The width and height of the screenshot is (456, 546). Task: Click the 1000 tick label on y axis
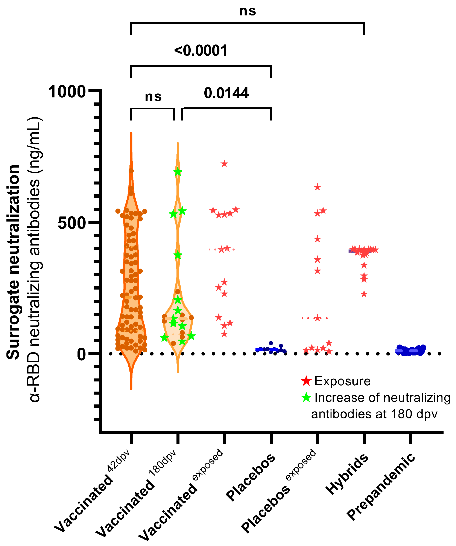click(67, 92)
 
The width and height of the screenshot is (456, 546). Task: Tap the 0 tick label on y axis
click(81, 354)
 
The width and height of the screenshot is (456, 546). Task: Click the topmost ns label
click(247, 11)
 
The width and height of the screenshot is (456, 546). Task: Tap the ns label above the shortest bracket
click(153, 97)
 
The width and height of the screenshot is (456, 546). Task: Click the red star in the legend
click(306, 381)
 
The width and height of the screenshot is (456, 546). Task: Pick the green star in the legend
click(306, 398)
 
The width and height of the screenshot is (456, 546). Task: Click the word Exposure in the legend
click(342, 381)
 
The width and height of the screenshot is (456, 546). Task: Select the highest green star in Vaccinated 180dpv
click(178, 172)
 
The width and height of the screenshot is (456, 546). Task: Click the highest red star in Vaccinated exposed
click(224, 164)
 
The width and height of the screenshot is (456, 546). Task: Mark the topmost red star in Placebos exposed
click(317, 187)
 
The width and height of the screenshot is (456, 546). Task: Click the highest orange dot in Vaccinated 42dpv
click(131, 171)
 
